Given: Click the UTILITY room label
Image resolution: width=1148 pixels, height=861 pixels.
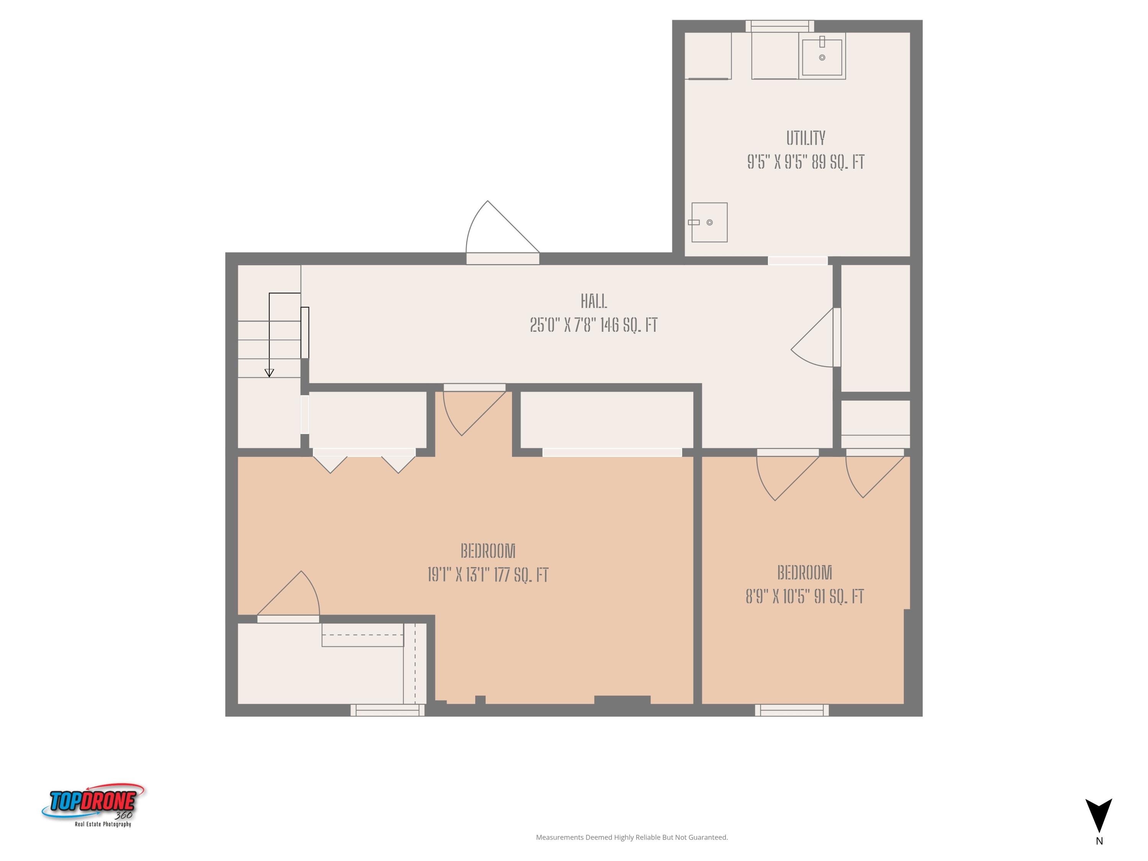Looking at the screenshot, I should (805, 139).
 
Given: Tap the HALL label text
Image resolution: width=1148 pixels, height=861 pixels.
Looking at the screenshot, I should (594, 302).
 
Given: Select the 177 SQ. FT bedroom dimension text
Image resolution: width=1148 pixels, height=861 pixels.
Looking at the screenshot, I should (488, 575).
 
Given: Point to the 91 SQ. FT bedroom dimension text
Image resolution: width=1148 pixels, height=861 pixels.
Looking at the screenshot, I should (804, 597).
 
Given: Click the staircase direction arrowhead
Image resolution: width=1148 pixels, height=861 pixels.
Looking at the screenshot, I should (269, 373).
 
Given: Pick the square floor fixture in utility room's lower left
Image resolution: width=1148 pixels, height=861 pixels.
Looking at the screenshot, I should (709, 222).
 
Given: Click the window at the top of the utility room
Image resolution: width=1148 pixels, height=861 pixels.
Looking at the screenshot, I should (779, 26).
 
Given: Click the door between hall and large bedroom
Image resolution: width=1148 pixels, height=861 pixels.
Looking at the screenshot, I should (473, 413).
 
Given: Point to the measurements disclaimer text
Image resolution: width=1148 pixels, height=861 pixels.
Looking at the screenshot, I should (632, 837).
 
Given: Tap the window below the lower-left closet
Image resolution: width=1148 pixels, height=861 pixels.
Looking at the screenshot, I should (387, 710).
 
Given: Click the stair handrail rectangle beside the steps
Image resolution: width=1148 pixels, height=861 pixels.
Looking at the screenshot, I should (305, 332).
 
